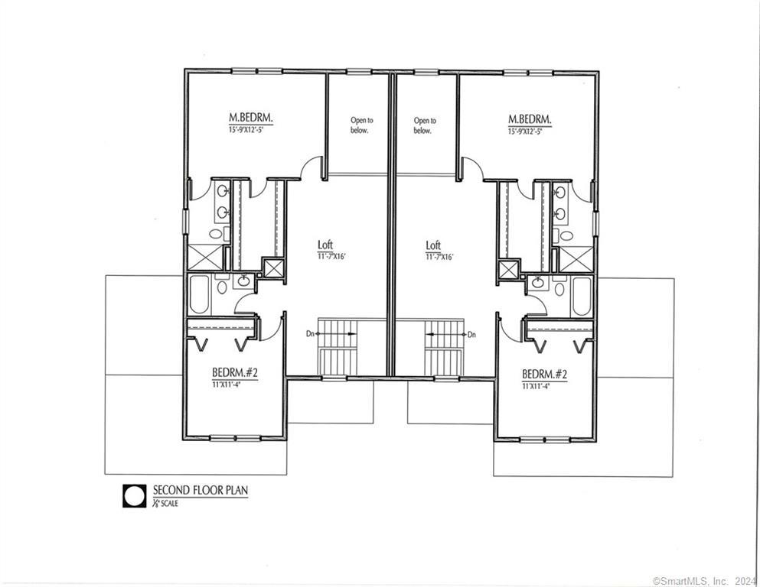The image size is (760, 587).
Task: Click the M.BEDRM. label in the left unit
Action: [x=251, y=118]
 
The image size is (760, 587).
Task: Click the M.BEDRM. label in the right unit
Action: [x=530, y=118]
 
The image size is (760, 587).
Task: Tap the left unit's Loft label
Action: [x=325, y=245]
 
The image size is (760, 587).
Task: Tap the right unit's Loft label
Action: [x=433, y=245]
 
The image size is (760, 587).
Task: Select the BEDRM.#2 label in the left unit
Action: [x=235, y=373]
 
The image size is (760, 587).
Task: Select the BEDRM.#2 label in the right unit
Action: [x=545, y=374]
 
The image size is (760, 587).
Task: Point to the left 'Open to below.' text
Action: [x=360, y=125]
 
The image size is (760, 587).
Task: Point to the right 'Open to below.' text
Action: [x=425, y=125]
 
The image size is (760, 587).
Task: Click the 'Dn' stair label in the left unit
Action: [x=309, y=335]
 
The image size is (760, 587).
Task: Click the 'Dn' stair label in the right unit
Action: [x=472, y=335]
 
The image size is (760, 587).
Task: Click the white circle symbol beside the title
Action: [x=135, y=496]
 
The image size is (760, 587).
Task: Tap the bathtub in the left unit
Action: [x=200, y=295]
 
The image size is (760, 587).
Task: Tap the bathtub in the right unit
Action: [x=582, y=297]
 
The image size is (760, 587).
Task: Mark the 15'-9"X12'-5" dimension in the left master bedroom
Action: [x=250, y=131]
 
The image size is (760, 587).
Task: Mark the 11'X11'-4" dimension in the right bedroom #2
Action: [x=544, y=385]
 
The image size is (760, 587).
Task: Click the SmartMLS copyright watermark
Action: [x=703, y=579]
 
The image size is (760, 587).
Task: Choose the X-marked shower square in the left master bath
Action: [x=204, y=258]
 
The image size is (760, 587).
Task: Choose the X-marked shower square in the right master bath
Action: [x=576, y=258]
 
